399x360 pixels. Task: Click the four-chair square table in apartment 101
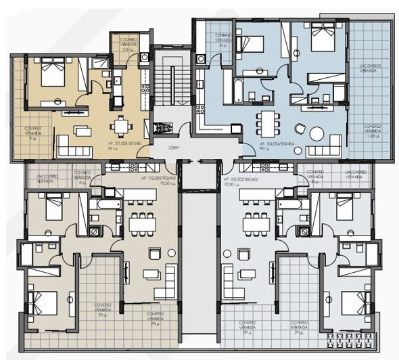tap(120, 126)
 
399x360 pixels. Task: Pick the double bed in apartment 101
tap(52, 73)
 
